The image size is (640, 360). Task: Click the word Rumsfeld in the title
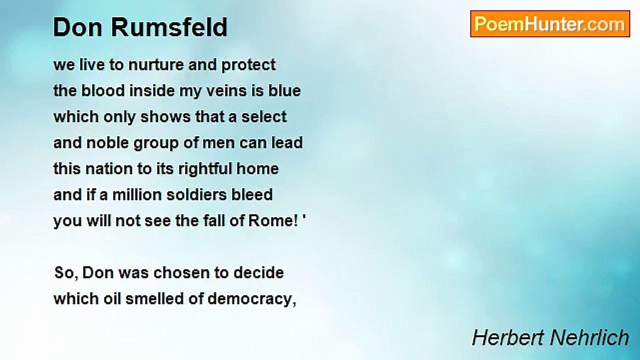[169, 27]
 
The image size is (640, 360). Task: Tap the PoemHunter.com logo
[550, 24]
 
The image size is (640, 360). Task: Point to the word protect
[248, 65]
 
